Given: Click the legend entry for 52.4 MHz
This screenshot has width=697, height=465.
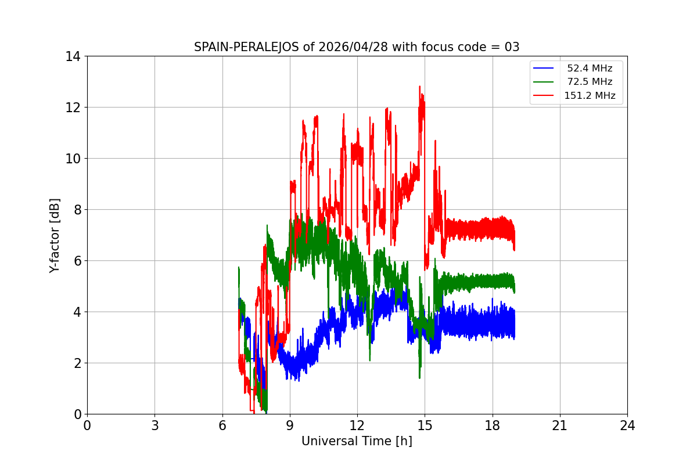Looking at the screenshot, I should tap(590, 69).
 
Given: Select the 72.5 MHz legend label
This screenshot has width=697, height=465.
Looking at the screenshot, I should tap(590, 82).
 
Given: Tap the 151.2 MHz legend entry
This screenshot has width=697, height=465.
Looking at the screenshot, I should tap(590, 96).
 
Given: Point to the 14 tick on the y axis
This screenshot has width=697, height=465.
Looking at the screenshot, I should tap(73, 56).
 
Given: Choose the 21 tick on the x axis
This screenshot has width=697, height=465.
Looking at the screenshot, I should tap(560, 425).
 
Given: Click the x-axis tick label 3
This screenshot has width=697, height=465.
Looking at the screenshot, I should tap(155, 425).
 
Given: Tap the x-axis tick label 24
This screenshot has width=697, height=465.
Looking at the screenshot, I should tap(627, 425).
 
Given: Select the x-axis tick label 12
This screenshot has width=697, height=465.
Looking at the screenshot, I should tap(357, 425).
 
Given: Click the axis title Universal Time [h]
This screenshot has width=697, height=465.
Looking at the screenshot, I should tap(357, 442).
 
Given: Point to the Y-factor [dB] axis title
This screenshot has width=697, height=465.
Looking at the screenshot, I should tap(55, 235).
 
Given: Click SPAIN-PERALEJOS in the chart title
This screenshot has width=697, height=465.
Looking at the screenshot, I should tap(247, 48).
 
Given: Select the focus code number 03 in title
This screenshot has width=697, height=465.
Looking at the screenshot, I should tap(512, 48).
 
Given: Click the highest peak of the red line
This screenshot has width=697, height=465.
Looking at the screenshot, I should tap(419, 87).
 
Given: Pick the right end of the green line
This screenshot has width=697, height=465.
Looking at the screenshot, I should tap(515, 285).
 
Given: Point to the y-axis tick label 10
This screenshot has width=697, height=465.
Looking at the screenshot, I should tap(73, 159).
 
